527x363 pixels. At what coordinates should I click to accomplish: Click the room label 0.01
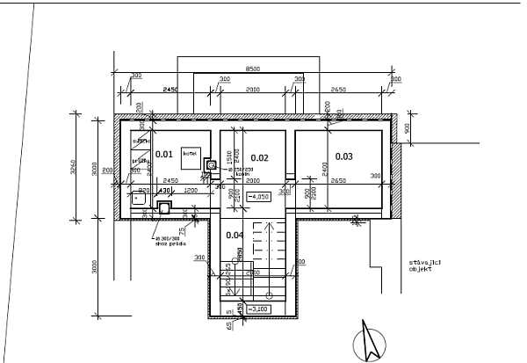pos(163,154)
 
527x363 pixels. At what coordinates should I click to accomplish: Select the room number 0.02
pos(258,157)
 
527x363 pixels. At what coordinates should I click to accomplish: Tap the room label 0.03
pos(343,156)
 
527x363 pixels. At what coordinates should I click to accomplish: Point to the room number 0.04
pos(234,235)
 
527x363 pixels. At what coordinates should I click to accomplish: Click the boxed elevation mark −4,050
pos(260,196)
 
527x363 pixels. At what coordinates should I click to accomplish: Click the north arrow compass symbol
pos(368,341)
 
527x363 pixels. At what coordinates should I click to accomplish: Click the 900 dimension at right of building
pos(407,128)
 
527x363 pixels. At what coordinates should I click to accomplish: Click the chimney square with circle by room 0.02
pos(211,163)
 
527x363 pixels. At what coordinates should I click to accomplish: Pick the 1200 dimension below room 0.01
pos(191,190)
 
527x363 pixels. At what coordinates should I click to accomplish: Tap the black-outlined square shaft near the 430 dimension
pos(164,207)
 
